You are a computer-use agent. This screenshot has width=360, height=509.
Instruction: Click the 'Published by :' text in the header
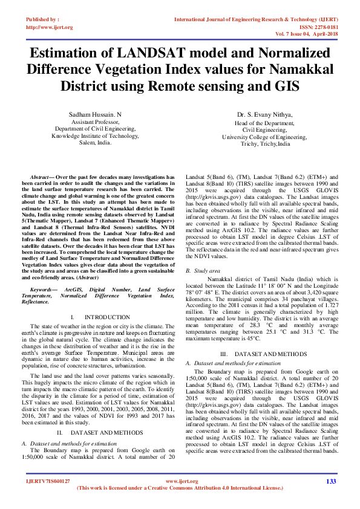pyautogui.click(x=42, y=19)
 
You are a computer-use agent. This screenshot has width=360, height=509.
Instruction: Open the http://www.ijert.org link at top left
pyautogui.click(x=49, y=27)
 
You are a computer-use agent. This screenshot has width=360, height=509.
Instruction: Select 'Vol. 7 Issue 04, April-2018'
pyautogui.click(x=307, y=34)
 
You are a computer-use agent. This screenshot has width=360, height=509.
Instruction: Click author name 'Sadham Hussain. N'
pyautogui.click(x=96, y=114)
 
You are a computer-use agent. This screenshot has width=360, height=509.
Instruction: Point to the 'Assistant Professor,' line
pyautogui.click(x=96, y=122)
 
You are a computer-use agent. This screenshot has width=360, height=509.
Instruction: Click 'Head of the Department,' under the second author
pyautogui.click(x=264, y=123)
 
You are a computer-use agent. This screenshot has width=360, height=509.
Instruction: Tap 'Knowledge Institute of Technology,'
pyautogui.click(x=96, y=136)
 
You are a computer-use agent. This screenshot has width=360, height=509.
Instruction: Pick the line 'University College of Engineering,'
pyautogui.click(x=264, y=137)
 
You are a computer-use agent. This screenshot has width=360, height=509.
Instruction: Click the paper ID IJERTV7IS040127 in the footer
pyautogui.click(x=48, y=481)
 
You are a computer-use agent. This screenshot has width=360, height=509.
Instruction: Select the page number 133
pyautogui.click(x=330, y=481)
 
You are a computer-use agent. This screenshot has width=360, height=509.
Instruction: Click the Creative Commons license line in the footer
pyautogui.click(x=180, y=487)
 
